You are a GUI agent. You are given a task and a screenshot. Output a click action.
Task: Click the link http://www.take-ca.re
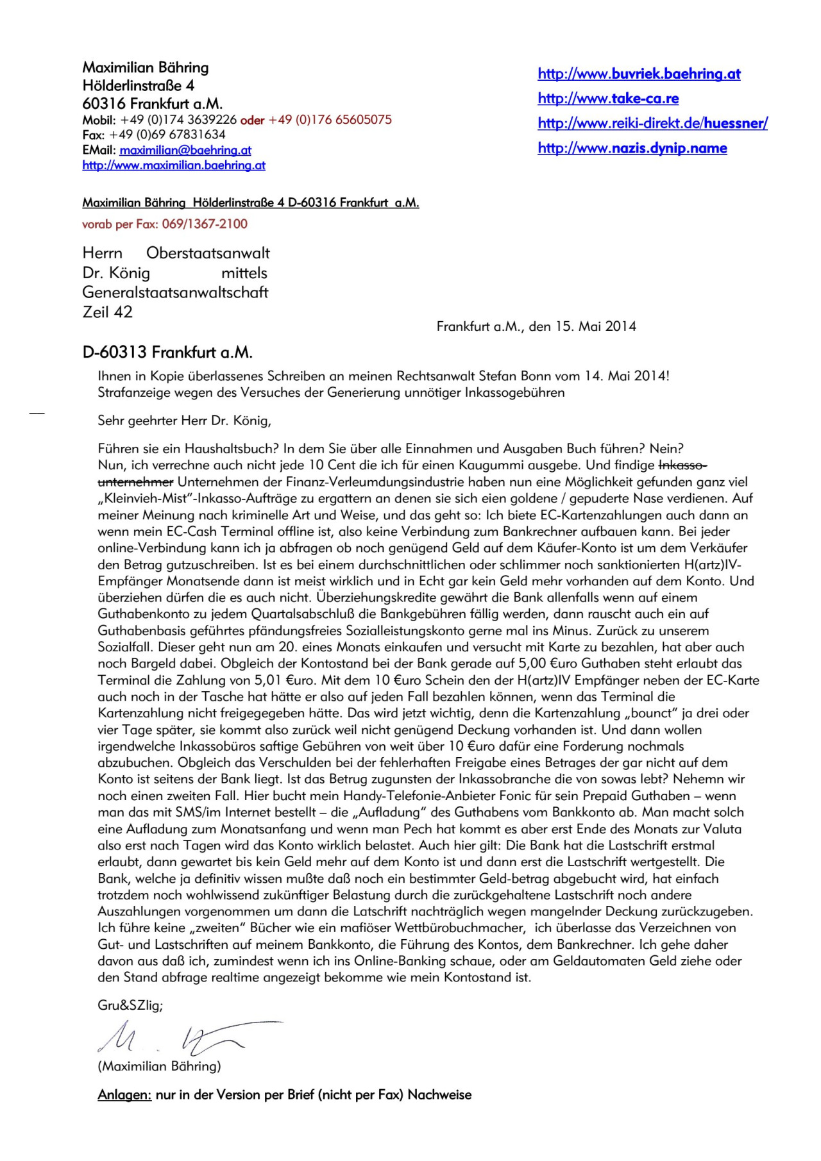coord(608,99)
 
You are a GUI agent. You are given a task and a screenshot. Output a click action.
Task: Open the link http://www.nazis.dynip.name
coord(632,149)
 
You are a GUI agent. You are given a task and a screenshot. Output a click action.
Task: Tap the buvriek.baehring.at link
coord(639,74)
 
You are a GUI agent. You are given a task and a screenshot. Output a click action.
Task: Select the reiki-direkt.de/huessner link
coord(652,124)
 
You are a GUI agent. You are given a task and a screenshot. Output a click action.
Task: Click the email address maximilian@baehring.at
coord(185,151)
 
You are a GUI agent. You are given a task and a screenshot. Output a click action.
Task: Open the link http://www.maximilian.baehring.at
coord(174,165)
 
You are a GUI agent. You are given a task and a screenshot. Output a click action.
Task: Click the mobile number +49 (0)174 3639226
coord(178,120)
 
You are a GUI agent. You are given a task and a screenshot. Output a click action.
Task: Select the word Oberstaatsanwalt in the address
coord(208,253)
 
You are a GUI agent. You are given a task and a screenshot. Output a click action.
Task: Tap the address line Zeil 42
coord(107,312)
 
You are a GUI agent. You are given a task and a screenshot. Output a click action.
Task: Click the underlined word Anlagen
coord(124,1095)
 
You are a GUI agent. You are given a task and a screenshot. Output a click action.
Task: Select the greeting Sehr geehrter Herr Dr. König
coord(184,421)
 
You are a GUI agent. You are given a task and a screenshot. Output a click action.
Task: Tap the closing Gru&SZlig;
coord(130,1005)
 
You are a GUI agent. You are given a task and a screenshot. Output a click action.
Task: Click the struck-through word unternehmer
coord(135,481)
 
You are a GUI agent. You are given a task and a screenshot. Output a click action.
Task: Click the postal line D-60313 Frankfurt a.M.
coord(167,353)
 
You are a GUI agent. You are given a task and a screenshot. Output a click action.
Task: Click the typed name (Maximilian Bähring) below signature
coord(159,1066)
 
